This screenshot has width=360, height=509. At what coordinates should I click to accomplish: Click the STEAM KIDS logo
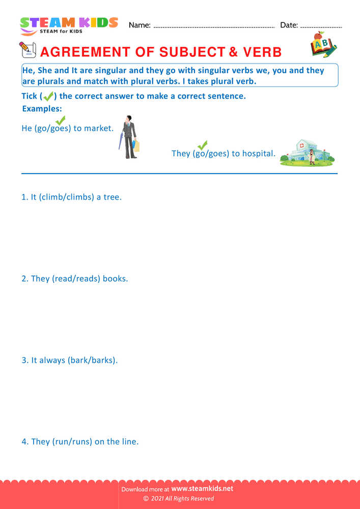69,25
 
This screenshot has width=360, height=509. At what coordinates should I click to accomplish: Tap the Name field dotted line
214,26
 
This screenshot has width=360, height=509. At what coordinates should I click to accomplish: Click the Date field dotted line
321,26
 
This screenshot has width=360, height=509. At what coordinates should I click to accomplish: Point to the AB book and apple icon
323,45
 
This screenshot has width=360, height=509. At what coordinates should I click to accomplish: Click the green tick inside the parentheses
48,96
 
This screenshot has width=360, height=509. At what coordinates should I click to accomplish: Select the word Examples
42,109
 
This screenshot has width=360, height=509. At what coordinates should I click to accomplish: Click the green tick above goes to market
60,121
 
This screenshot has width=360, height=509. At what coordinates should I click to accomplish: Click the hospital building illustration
307,151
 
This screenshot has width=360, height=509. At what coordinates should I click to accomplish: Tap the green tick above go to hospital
203,146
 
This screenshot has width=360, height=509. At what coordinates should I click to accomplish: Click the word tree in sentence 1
112,197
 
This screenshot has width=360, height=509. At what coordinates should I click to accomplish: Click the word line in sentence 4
129,442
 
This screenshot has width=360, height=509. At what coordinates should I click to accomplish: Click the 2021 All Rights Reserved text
182,499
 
